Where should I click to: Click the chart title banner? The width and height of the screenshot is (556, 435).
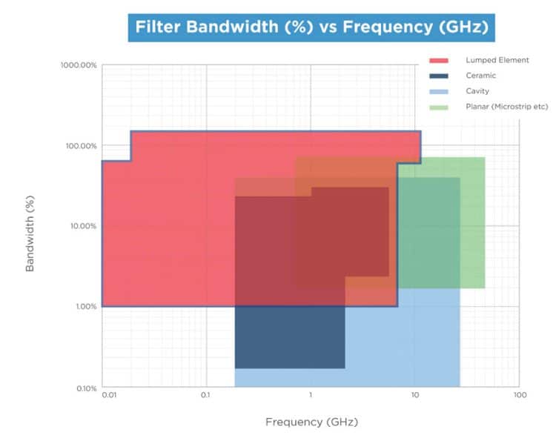pos(312,29)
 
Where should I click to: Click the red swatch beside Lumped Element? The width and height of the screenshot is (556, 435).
pos(439,60)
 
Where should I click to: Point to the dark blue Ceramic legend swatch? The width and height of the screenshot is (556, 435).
pos(439,76)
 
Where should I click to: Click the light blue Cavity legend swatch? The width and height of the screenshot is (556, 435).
pos(439,91)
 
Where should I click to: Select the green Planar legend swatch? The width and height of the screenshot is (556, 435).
pos(439,107)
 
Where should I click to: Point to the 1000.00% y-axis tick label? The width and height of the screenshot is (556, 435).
pos(79,65)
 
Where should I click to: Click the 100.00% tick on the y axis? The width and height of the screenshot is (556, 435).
pos(80,146)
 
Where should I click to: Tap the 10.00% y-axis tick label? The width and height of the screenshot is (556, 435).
pos(82,226)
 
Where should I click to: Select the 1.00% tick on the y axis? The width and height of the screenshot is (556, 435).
pos(84,306)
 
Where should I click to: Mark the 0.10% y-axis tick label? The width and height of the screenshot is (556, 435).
pos(84,388)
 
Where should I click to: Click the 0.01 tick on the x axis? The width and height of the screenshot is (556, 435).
pos(109,396)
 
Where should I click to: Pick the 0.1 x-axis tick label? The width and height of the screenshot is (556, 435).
pos(205,396)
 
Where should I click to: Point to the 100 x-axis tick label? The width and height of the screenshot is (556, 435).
pos(520,396)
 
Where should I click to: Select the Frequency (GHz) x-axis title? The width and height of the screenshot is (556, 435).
pos(311,422)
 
